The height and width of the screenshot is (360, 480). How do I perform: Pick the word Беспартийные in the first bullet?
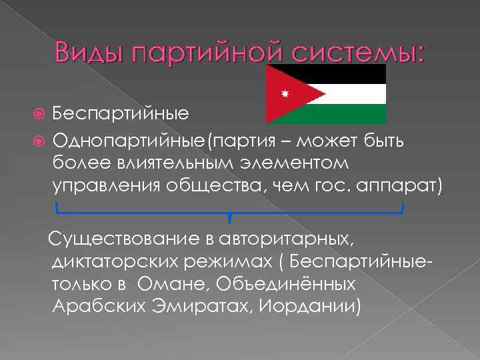click(x=121, y=113)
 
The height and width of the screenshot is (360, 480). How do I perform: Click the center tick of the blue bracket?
click(x=229, y=217)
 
